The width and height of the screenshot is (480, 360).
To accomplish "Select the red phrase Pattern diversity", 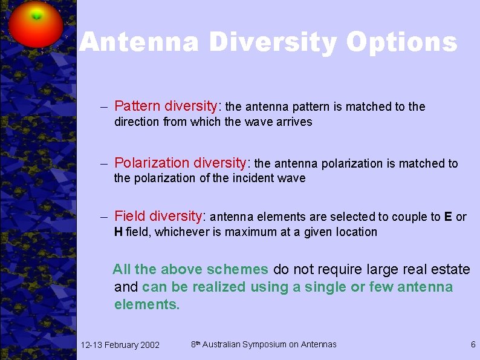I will [x=165, y=106].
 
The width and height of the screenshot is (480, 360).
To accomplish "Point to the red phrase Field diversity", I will [x=160, y=216].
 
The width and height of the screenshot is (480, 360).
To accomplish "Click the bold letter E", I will [x=448, y=217].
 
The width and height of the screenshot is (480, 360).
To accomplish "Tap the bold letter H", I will [x=118, y=232].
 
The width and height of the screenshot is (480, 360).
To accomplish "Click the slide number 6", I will [x=473, y=344].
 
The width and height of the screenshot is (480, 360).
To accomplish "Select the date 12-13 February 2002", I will [x=120, y=345].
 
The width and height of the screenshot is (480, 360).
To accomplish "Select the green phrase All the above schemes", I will [x=190, y=269].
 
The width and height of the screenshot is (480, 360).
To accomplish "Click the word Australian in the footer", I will [x=221, y=344].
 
